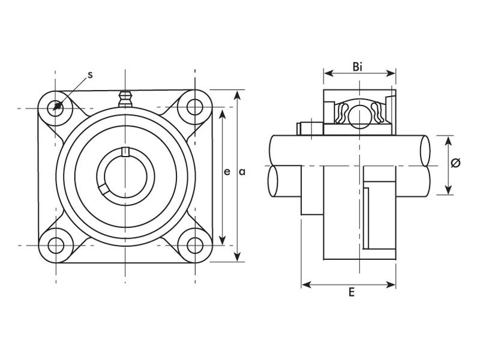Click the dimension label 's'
(90, 75)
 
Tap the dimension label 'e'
(226, 172)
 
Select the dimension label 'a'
(242, 172)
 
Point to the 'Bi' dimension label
(358, 67)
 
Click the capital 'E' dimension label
(352, 293)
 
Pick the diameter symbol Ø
(455, 163)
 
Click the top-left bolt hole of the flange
(56, 107)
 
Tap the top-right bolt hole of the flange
(195, 107)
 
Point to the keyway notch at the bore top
(125, 151)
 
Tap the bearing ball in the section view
(359, 114)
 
